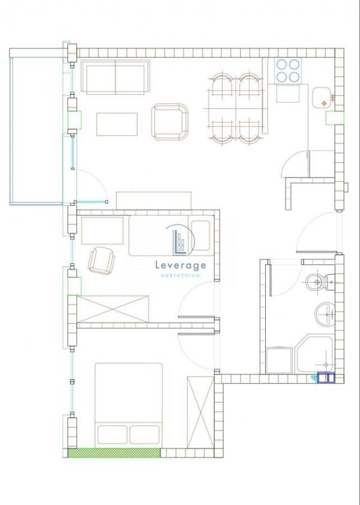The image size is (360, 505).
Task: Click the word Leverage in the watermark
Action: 181,265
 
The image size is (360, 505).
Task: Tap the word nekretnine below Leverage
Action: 181,275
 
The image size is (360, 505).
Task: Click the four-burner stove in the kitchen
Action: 288,70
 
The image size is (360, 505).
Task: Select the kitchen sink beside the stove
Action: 320,98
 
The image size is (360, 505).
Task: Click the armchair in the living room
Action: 170,122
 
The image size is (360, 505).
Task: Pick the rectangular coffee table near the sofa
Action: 117,124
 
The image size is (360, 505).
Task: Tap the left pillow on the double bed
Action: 112,435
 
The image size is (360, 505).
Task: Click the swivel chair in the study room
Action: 101,260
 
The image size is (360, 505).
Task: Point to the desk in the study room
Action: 103,231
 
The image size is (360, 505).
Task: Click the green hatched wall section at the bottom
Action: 114,453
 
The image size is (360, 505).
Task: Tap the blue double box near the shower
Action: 326,378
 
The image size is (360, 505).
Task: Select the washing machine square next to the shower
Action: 279,360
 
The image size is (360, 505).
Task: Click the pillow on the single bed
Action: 200,235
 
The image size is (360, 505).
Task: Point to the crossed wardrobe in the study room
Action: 113,309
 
